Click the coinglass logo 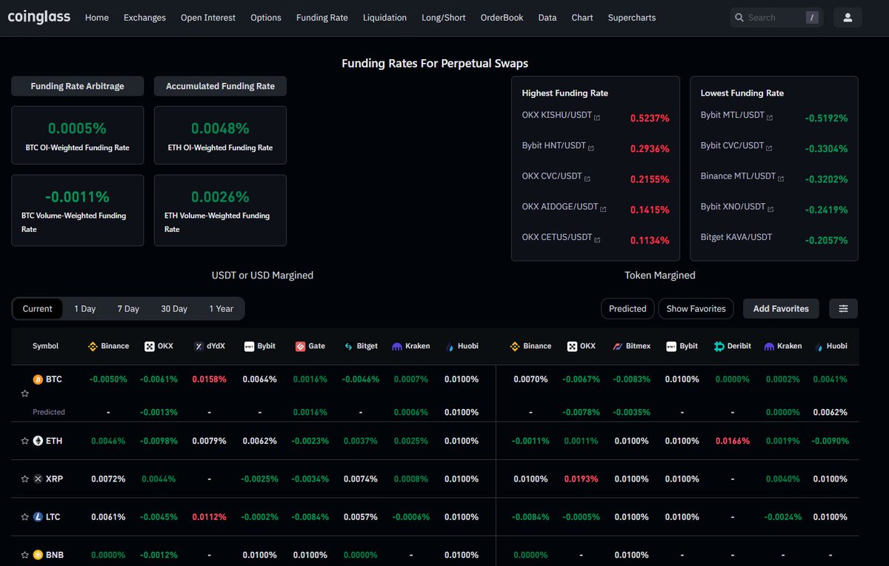pyautogui.click(x=39, y=17)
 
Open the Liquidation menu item pyautogui.click(x=384, y=18)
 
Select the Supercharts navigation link pyautogui.click(x=631, y=18)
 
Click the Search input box pyautogui.click(x=770, y=18)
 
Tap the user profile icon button pyautogui.click(x=848, y=18)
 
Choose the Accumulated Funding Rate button pyautogui.click(x=220, y=86)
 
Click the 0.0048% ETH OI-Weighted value pyautogui.click(x=220, y=128)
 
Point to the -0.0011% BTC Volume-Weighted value pyautogui.click(x=77, y=197)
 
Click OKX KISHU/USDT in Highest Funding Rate pyautogui.click(x=557, y=116)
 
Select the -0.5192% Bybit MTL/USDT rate pyautogui.click(x=826, y=118)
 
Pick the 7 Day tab pyautogui.click(x=128, y=309)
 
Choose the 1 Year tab pyautogui.click(x=221, y=309)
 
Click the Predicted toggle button pyautogui.click(x=627, y=309)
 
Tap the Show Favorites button pyautogui.click(x=696, y=309)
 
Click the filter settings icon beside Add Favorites pyautogui.click(x=843, y=309)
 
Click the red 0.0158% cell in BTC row pyautogui.click(x=209, y=379)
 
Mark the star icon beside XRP pyautogui.click(x=25, y=479)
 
